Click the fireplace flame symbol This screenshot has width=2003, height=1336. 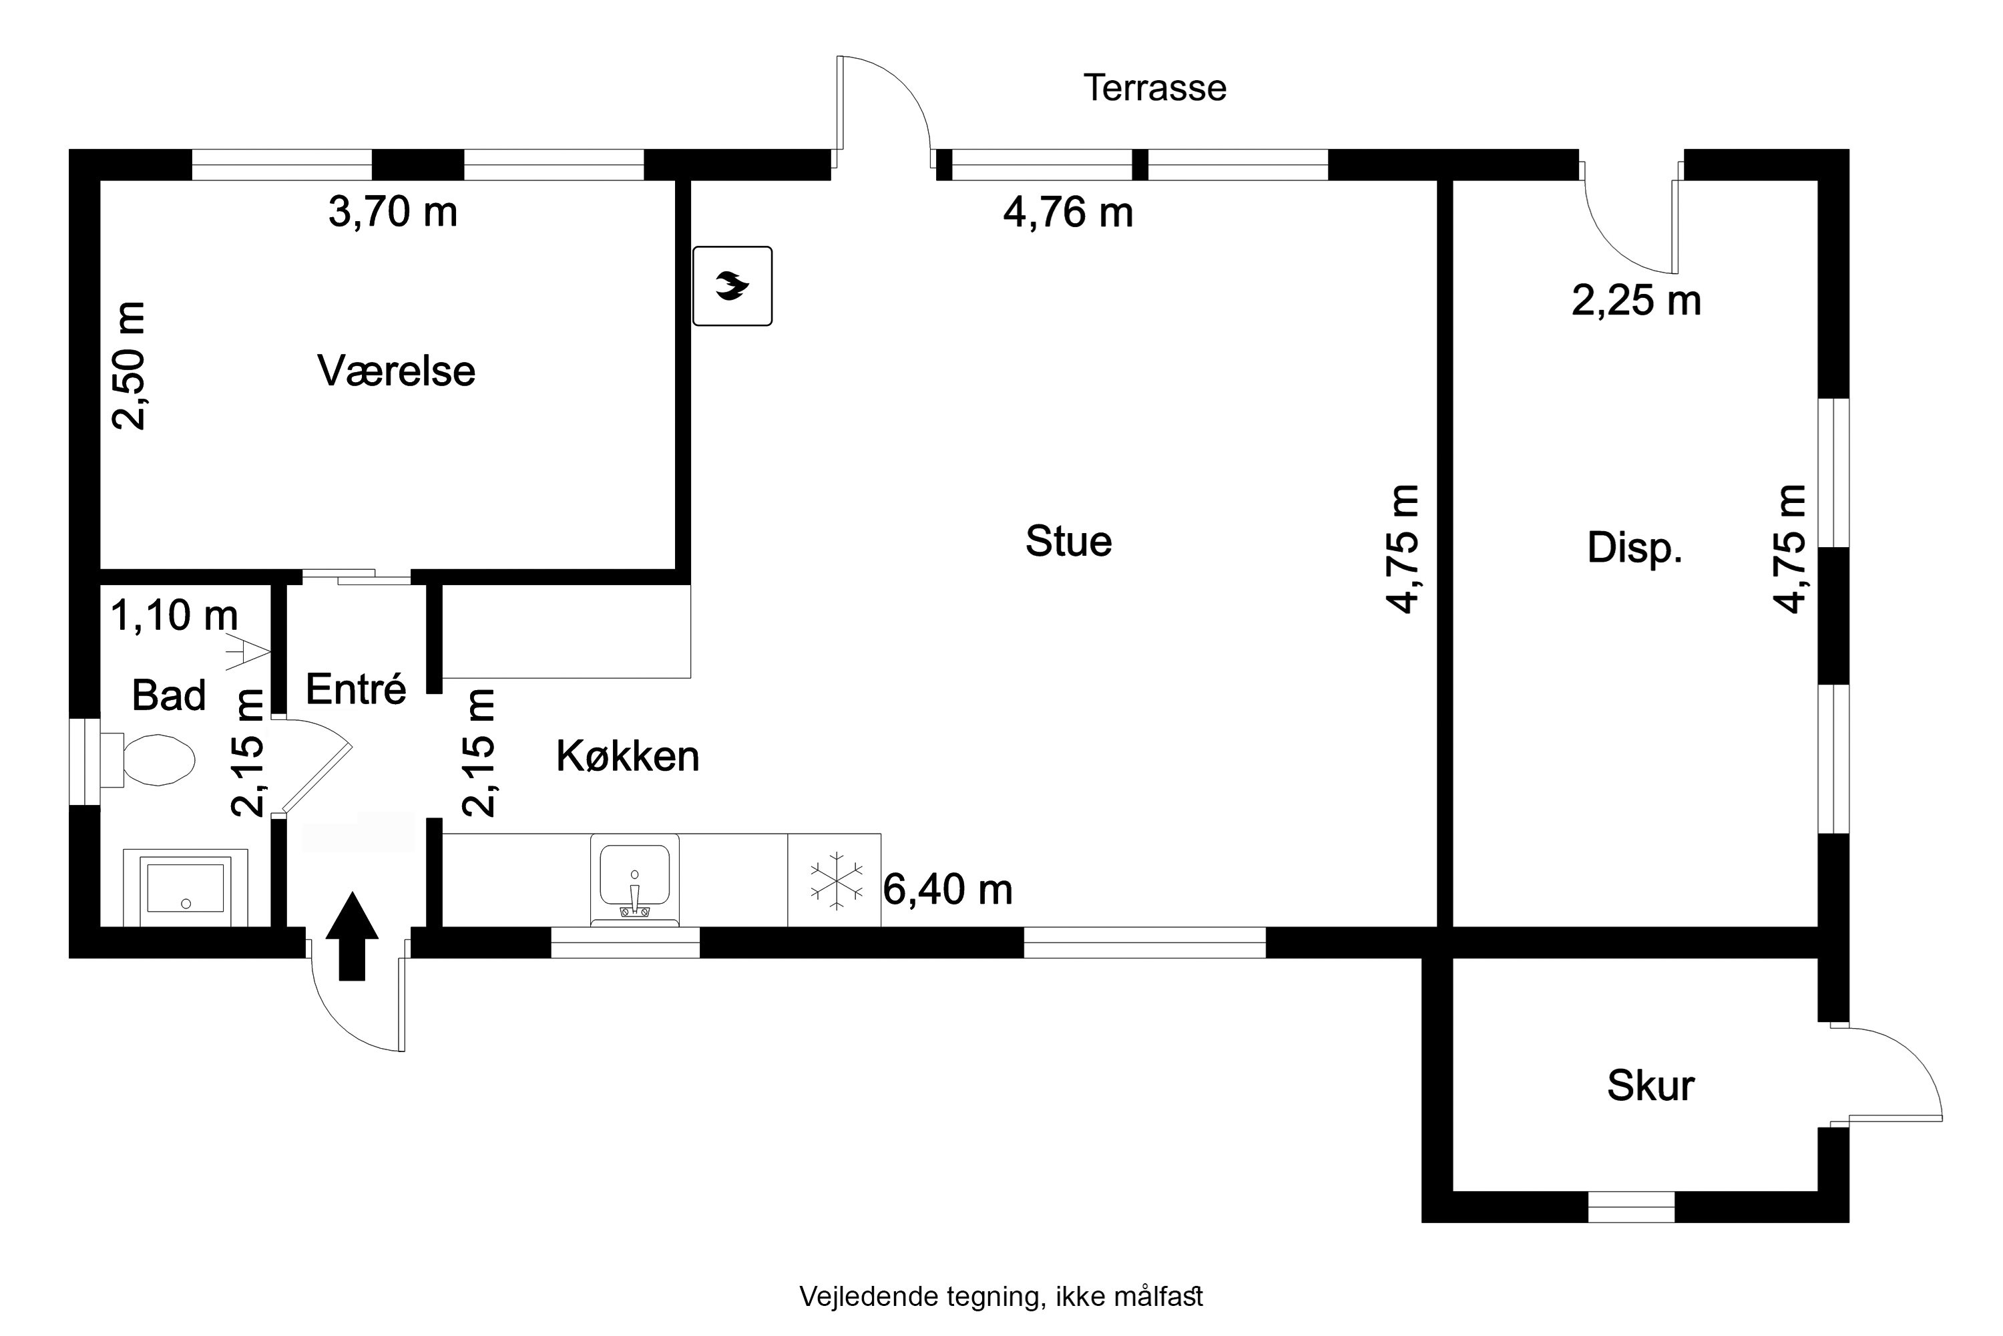(732, 287)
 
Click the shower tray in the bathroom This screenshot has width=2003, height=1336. (185, 888)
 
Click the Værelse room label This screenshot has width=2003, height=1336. (396, 371)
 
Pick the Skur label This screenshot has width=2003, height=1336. (1650, 1086)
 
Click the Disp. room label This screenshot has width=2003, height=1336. (1634, 548)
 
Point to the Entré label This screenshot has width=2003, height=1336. (355, 689)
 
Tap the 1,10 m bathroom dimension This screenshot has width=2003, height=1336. (174, 615)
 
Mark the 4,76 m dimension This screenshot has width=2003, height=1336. (1067, 213)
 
